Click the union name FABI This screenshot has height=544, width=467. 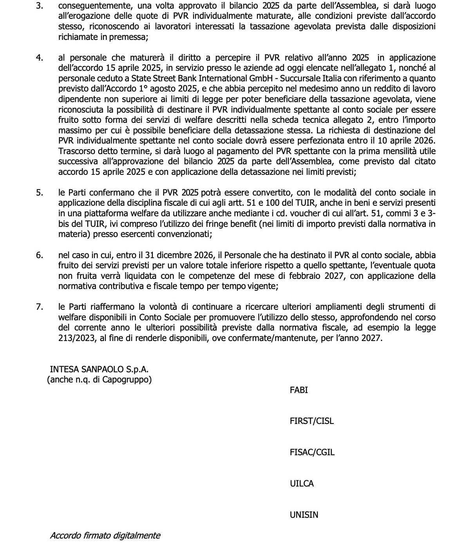coord(299,390)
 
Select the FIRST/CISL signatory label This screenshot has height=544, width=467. coord(311,421)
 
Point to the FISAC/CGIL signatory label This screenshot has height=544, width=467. coord(312,452)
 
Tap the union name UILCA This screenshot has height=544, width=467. coord(302,483)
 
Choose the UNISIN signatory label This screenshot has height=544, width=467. coord(304,515)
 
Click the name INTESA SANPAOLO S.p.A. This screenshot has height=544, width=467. coord(99,369)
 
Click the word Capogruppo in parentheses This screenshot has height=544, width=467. coord(127,379)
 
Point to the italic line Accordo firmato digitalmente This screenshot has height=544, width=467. coord(105,535)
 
